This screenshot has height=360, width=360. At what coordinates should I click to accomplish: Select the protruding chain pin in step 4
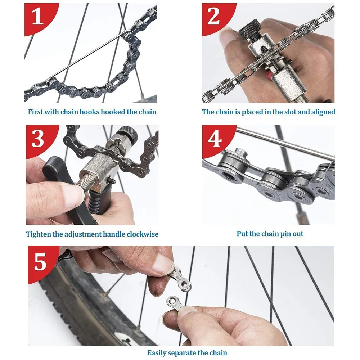(x=240, y=152)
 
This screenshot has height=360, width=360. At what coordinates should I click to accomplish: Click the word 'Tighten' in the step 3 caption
(x=39, y=234)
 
